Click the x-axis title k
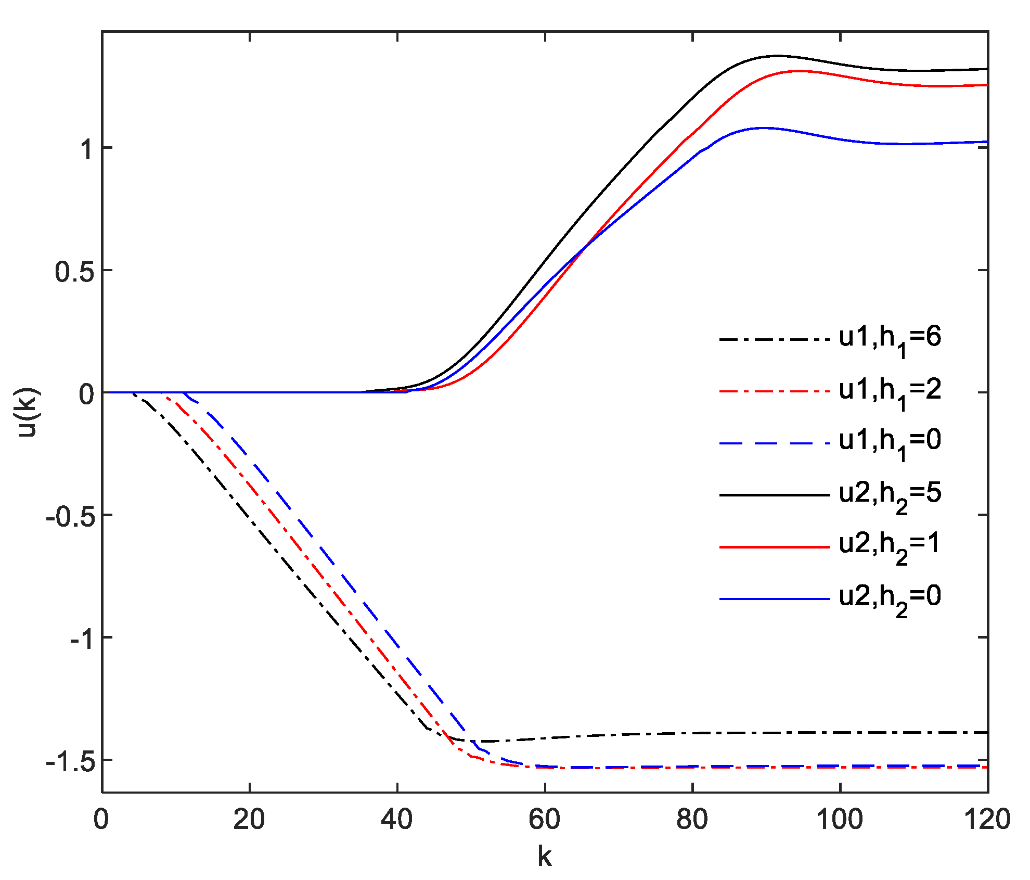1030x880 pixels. tap(545, 856)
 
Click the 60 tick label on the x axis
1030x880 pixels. tap(545, 819)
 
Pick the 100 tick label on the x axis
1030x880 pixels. tap(840, 819)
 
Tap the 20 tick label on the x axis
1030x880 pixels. tap(249, 819)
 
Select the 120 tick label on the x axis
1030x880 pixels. tap(987, 819)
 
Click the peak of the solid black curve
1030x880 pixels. tap(776, 55)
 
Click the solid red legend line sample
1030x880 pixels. tap(775, 547)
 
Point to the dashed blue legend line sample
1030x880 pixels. tap(775, 443)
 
